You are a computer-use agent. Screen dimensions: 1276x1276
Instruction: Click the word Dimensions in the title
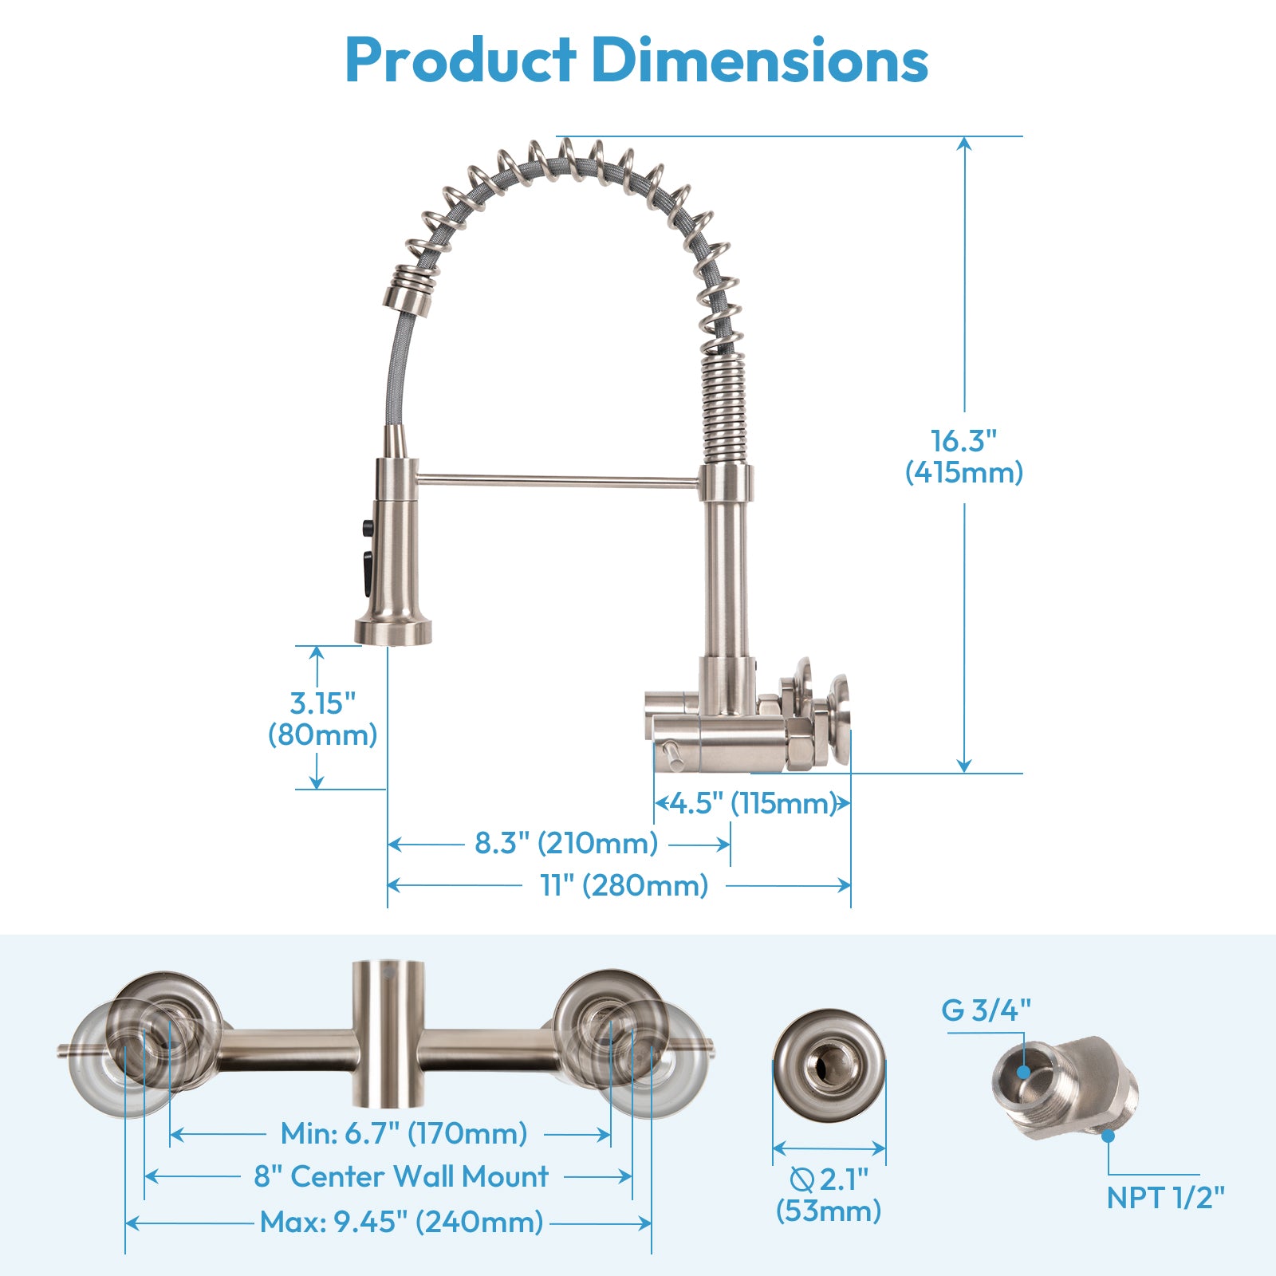[x=760, y=61]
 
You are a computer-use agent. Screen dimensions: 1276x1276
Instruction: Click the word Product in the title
[x=460, y=61]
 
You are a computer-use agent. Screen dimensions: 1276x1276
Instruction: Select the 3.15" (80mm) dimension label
[x=322, y=719]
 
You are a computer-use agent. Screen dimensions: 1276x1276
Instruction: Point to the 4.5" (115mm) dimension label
[x=752, y=802]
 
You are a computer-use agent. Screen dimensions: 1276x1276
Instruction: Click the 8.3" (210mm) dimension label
[x=566, y=843]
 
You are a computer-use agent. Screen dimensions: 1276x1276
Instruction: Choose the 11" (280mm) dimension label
[x=624, y=885]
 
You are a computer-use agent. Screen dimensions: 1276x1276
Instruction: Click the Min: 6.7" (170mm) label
[x=404, y=1133]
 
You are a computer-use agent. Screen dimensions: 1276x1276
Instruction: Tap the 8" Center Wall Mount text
[x=401, y=1176]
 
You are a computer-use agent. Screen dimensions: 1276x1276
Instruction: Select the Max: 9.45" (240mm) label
[x=401, y=1222]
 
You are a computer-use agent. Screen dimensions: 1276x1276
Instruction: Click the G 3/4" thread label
[x=986, y=1010]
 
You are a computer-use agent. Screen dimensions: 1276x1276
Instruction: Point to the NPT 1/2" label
[x=1165, y=1197]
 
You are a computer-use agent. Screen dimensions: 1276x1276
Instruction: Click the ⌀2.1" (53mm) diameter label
[x=829, y=1195]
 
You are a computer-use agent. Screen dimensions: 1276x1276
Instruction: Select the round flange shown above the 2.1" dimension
[x=829, y=1065]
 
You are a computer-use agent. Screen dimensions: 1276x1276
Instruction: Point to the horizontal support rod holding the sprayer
[x=558, y=481]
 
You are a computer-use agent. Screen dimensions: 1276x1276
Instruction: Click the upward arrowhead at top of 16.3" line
[x=964, y=144]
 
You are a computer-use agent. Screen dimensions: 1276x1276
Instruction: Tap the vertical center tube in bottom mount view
[x=388, y=1034]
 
